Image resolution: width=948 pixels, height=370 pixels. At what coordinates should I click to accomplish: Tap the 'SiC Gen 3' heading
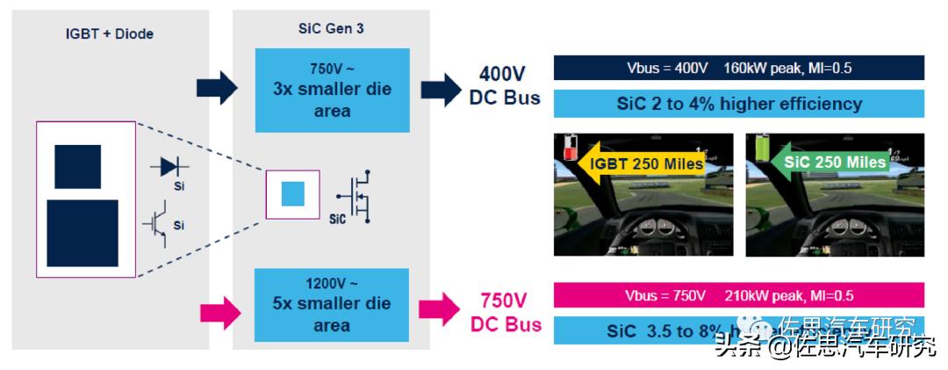tap(331, 28)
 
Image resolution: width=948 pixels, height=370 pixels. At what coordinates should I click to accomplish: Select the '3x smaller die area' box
tap(332, 89)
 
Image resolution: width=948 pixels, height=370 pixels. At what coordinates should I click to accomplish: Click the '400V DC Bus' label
tap(504, 85)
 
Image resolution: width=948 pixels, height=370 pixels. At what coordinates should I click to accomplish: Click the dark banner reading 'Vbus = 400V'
tap(738, 68)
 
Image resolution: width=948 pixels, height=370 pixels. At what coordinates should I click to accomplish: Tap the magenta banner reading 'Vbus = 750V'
tap(738, 295)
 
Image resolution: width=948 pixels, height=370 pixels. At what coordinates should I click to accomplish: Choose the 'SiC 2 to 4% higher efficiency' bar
tap(738, 104)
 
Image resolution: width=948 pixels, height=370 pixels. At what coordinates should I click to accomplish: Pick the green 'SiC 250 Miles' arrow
tap(828, 163)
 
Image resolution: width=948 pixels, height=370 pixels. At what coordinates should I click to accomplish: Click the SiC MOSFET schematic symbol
tap(357, 195)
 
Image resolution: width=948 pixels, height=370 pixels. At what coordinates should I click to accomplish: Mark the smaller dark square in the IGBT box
tap(77, 166)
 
